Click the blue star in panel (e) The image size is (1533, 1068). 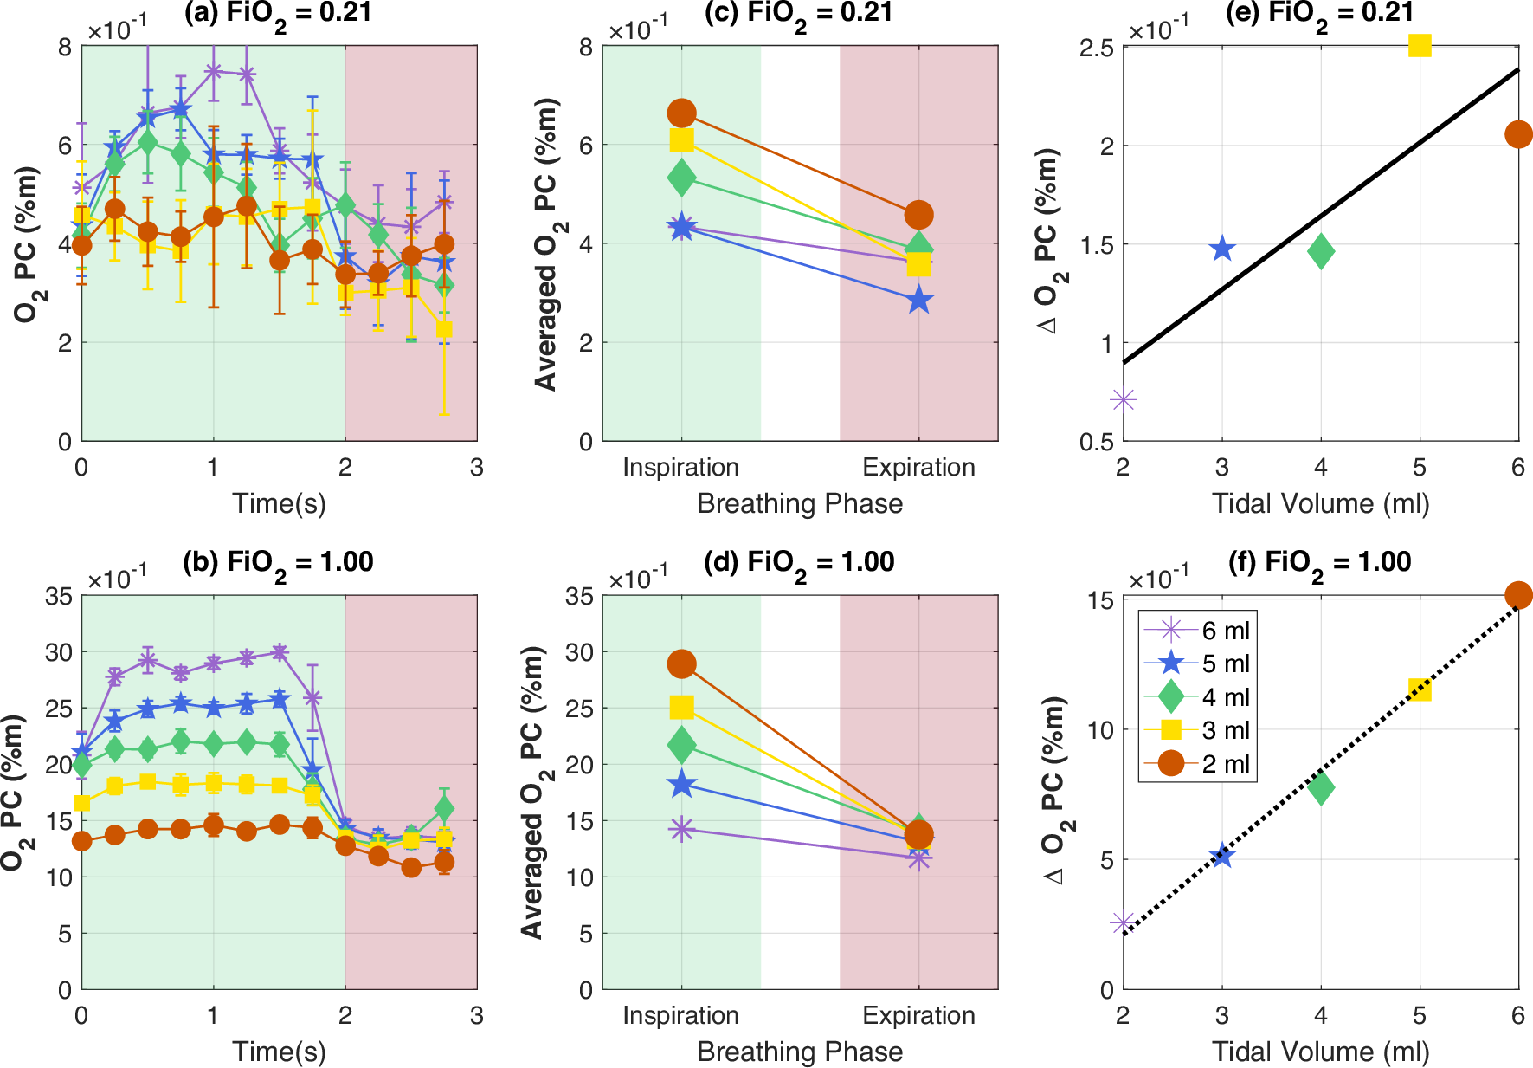coord(1221,249)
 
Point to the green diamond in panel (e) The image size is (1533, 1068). coord(1321,252)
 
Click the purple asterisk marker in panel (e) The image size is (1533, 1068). coord(1124,399)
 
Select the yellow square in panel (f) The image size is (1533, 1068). coord(1420,689)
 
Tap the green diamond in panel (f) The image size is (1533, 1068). coord(1321,787)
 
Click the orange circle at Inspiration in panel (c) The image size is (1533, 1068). coord(681,113)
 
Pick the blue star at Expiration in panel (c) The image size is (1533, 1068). coord(919,301)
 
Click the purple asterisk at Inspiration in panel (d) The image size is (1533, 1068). coord(681,829)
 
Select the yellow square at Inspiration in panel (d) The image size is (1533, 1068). coord(681,708)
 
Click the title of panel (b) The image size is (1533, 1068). coord(278,562)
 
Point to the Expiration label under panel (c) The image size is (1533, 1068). coord(918,467)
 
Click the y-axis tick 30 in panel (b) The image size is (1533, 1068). coord(59,652)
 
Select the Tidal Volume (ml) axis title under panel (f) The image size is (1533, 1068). coord(1320,1052)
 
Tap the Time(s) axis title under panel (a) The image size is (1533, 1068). coord(279,503)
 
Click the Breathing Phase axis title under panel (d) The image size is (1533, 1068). coord(800,1052)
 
